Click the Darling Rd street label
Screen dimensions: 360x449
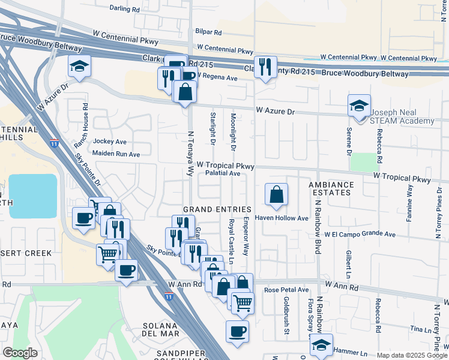[x=124, y=9]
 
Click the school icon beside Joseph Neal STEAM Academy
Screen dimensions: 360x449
[x=359, y=106]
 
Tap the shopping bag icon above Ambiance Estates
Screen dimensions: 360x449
[x=276, y=194]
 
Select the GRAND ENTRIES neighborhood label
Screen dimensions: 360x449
[x=217, y=209]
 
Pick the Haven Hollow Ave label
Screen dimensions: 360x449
[x=282, y=218]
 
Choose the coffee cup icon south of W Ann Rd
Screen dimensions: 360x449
[x=237, y=331]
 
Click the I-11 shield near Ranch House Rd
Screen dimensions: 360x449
[x=55, y=144]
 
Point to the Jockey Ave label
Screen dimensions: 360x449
[x=110, y=142]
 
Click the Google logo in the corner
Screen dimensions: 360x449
[x=20, y=353]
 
